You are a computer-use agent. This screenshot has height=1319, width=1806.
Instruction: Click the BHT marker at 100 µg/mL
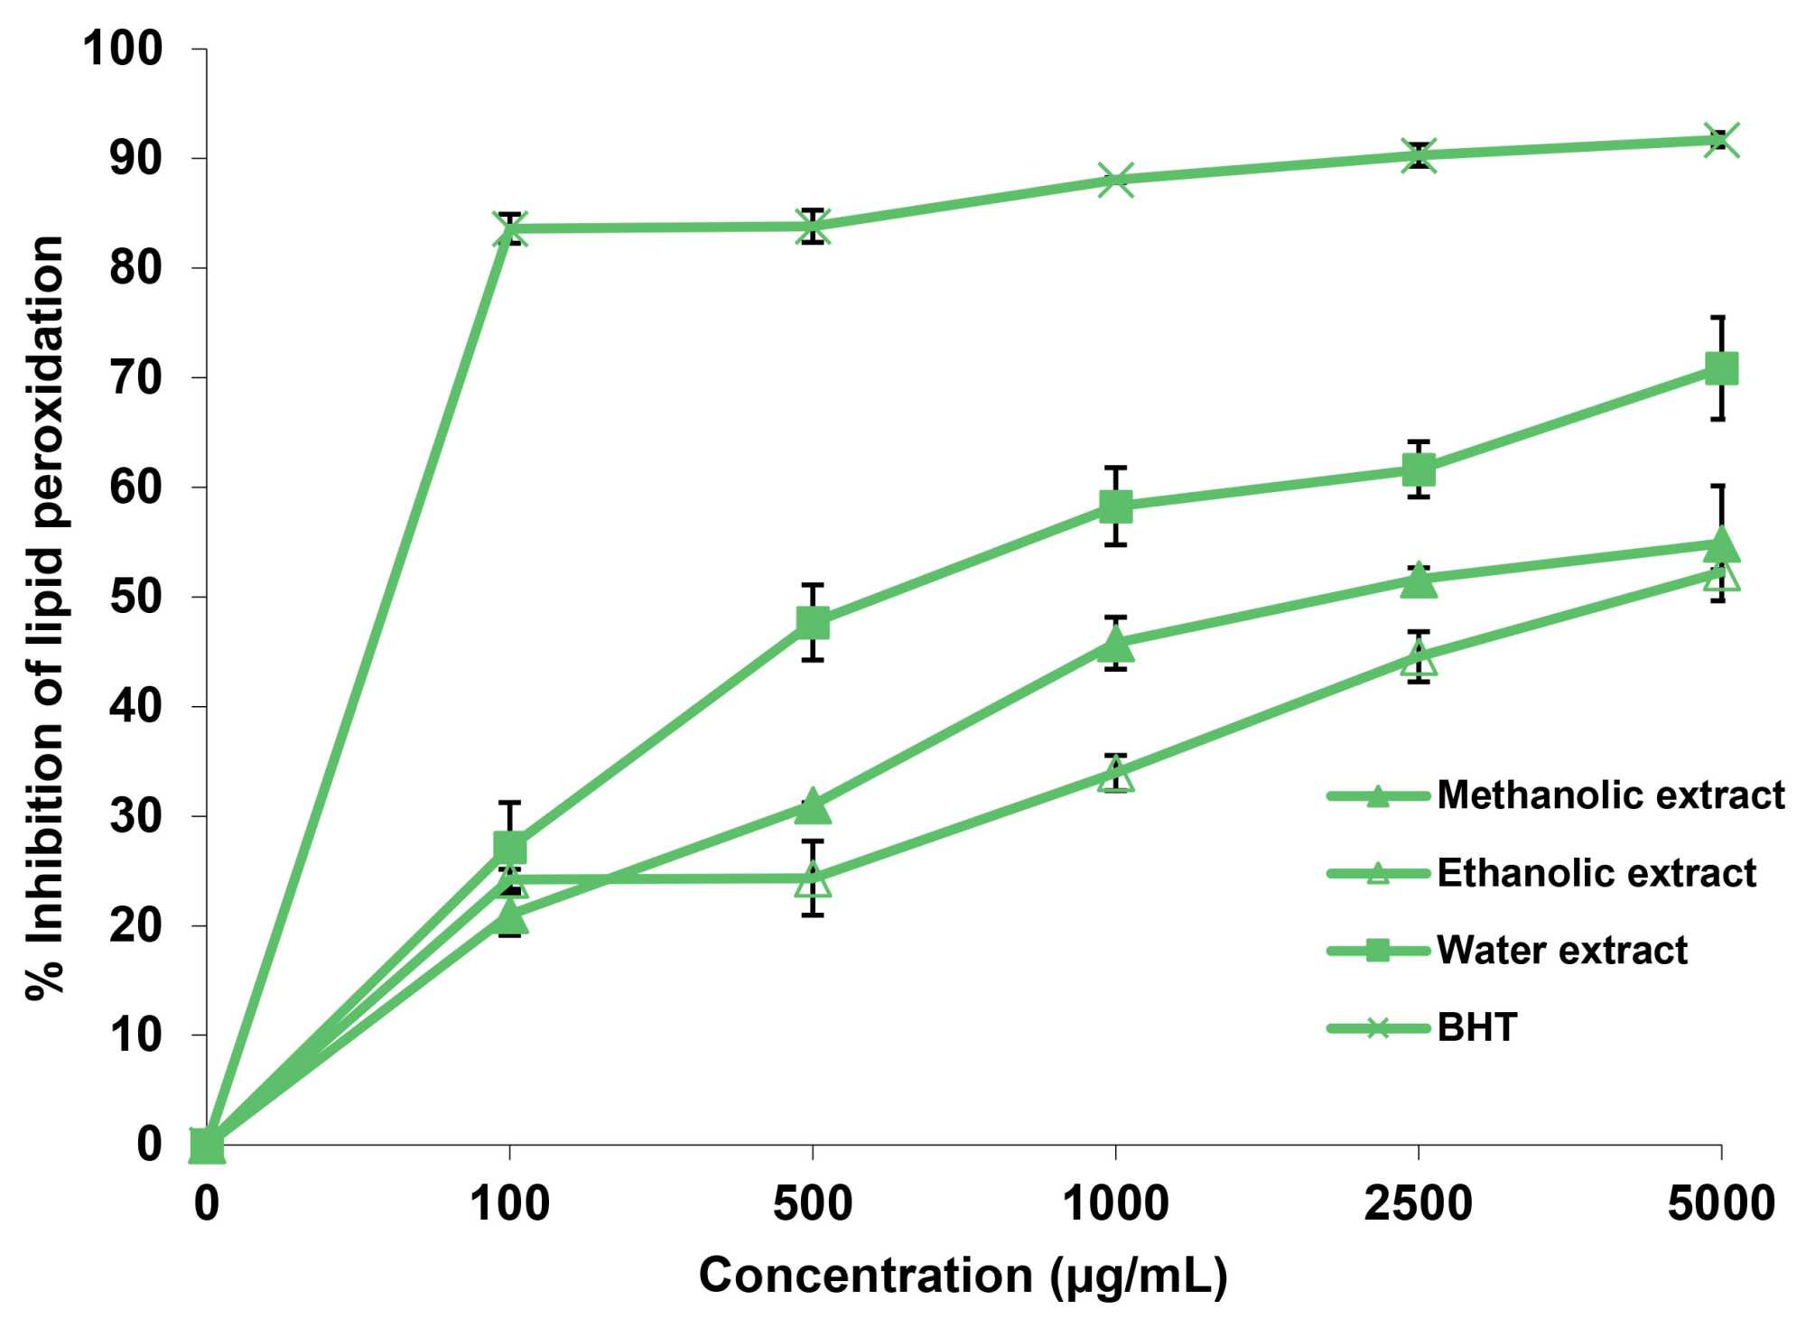[x=510, y=228]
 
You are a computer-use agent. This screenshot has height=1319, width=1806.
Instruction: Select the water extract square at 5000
[x=1721, y=368]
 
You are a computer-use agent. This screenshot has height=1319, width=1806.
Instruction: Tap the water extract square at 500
[x=813, y=622]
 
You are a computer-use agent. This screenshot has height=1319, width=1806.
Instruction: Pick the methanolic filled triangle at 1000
[x=1116, y=645]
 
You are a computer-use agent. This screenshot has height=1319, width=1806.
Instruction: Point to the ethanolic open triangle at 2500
[x=1419, y=657]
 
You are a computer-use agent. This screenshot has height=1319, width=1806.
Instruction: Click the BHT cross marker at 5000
[x=1721, y=141]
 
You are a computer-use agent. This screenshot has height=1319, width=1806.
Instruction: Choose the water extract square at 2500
[x=1419, y=469]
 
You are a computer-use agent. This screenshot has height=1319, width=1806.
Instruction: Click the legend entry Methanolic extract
[x=1610, y=795]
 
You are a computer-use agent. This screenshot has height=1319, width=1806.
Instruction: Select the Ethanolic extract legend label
[x=1596, y=873]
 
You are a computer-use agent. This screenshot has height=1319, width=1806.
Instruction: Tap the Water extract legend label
[x=1561, y=950]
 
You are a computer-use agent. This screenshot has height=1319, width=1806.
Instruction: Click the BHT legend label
[x=1476, y=1027]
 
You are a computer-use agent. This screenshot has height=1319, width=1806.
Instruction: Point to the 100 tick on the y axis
[x=123, y=49]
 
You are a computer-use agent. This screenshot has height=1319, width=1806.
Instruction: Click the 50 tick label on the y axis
[x=135, y=597]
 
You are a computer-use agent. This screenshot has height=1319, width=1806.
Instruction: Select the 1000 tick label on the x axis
[x=1116, y=1203]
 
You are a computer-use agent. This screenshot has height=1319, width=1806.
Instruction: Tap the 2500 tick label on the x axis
[x=1419, y=1203]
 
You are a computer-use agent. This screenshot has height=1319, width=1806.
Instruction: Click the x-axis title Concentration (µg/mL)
[x=963, y=1276]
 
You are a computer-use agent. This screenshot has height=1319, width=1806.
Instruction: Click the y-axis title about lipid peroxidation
[x=45, y=618]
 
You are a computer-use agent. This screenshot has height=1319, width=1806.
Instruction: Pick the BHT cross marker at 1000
[x=1116, y=180]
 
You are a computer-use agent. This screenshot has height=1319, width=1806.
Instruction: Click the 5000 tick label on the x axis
[x=1721, y=1203]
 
